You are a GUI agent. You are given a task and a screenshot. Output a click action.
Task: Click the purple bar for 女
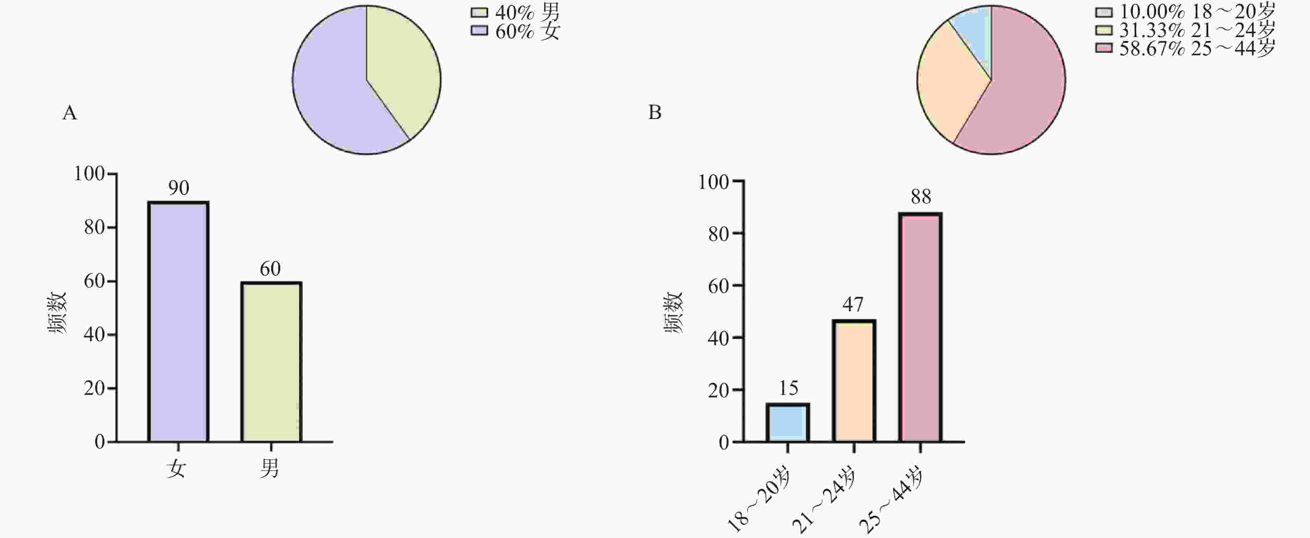(178, 322)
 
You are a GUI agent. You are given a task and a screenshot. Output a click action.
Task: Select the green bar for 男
(271, 362)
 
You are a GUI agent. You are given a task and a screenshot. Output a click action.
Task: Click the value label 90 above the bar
(178, 188)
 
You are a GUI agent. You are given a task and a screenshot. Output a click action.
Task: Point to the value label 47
(853, 305)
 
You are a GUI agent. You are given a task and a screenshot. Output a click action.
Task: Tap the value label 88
(920, 197)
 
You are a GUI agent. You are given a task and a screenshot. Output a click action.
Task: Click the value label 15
(788, 388)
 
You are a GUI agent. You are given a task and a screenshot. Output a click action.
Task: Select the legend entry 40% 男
(516, 12)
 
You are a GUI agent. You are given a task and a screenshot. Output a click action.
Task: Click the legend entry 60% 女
(516, 32)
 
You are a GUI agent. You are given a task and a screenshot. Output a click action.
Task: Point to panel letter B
(655, 112)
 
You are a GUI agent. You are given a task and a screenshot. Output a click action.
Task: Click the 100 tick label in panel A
(89, 174)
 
